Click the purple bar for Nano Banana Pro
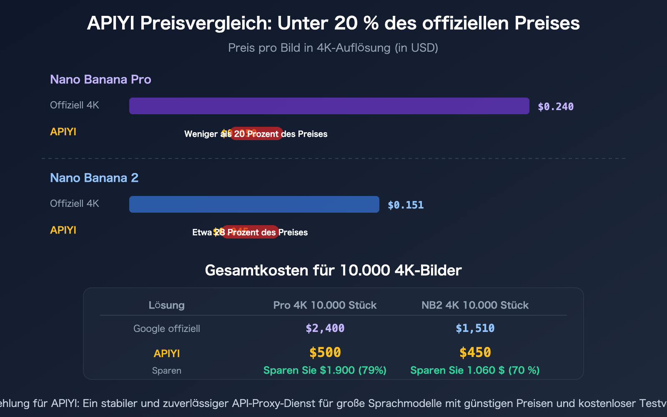[329, 106]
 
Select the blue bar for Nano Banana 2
[254, 204]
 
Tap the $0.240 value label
[556, 107]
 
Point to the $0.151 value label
[406, 205]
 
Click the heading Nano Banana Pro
[100, 79]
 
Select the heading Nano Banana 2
[94, 178]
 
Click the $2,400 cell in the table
[325, 329]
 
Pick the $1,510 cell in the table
[475, 329]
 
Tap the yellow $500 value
[325, 353]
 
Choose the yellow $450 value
[475, 353]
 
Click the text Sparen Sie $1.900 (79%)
[325, 370]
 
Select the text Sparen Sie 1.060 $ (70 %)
[475, 370]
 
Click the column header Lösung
[167, 305]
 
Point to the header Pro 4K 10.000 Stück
[325, 305]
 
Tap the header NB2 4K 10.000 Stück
[475, 305]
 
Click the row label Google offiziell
[167, 329]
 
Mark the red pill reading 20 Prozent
[256, 134]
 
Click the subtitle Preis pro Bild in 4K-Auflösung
[333, 48]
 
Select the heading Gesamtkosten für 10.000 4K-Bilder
[333, 271]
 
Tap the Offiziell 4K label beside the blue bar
[75, 203]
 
